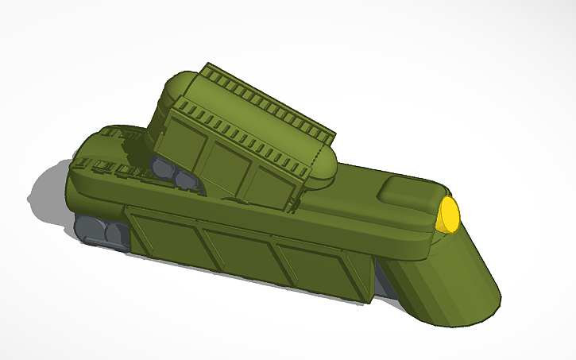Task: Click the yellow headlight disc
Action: pos(449,214)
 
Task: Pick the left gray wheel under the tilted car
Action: pos(164,168)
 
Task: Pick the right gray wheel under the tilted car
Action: pos(187,178)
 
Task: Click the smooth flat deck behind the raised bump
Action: pos(358,199)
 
